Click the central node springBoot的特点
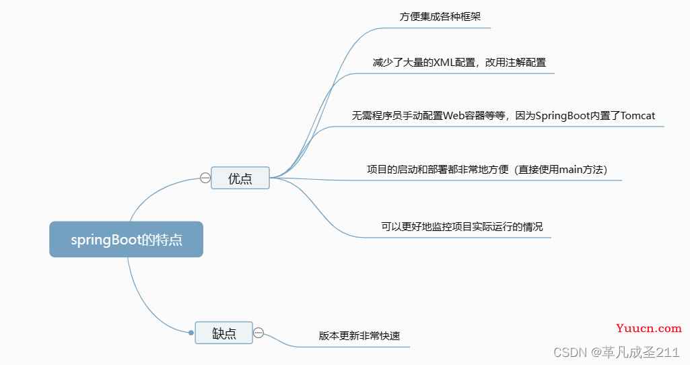[x=127, y=240]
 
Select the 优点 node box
[x=240, y=178]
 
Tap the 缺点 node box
[x=224, y=333]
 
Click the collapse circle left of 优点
[x=205, y=178]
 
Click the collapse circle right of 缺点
[x=258, y=333]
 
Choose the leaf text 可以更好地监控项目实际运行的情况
[x=462, y=226]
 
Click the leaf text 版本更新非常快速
[x=359, y=335]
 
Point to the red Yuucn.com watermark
[x=649, y=329]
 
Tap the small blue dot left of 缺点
[x=191, y=333]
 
